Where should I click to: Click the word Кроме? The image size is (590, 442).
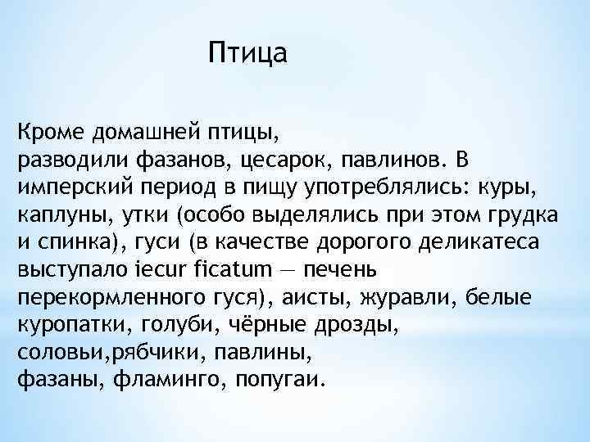coord(50,131)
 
